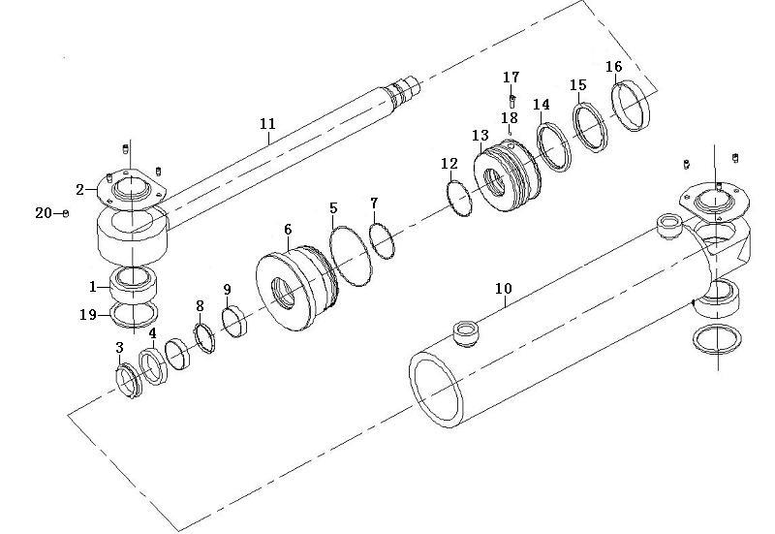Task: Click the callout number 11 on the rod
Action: coord(267,124)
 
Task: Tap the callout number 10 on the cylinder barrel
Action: coord(504,288)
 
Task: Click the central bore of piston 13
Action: coord(494,182)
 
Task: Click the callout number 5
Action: coord(333,208)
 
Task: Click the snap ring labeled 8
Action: coord(198,331)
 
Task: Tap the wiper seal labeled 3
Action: coord(118,373)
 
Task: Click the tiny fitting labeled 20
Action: coord(66,213)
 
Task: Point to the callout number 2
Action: coord(80,189)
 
